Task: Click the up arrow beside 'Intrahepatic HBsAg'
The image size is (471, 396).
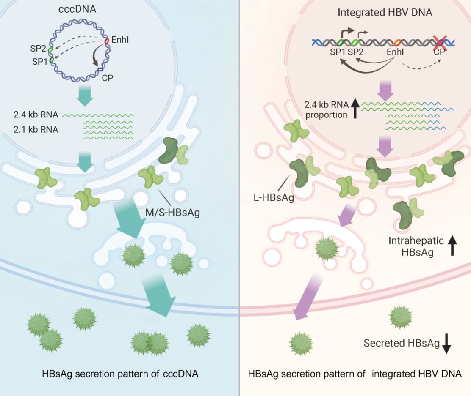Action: [453, 246]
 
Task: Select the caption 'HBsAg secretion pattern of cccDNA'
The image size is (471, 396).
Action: [120, 374]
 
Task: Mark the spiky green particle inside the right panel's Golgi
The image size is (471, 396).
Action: [324, 249]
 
